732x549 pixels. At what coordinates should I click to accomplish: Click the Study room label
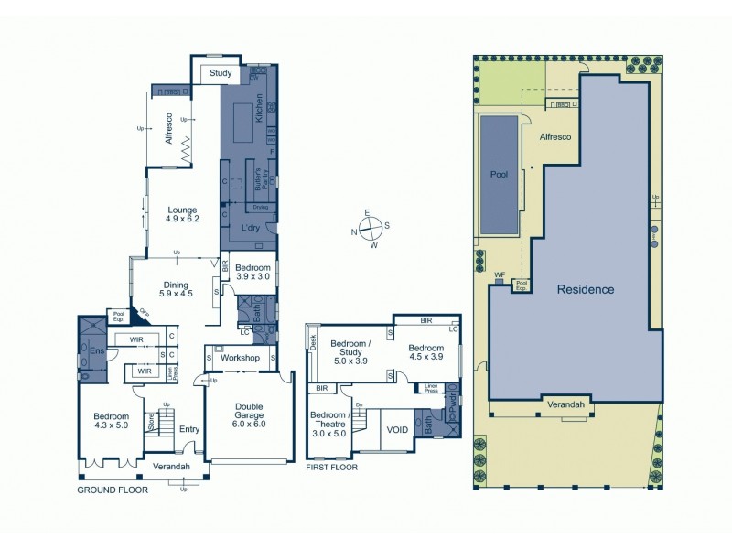[221, 73]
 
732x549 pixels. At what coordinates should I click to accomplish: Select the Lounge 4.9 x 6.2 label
[181, 215]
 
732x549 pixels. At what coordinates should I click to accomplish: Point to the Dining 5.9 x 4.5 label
[176, 289]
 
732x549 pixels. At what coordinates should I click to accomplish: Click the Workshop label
[241, 357]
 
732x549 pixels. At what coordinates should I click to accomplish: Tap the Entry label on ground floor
[189, 428]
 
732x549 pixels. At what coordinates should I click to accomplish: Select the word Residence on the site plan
[586, 289]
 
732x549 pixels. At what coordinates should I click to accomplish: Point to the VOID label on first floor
[397, 428]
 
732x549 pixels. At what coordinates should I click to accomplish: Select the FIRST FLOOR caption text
[332, 467]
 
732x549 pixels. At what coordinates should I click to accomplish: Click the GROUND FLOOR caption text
[113, 490]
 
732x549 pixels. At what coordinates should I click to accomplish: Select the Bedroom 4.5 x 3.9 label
[426, 352]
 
